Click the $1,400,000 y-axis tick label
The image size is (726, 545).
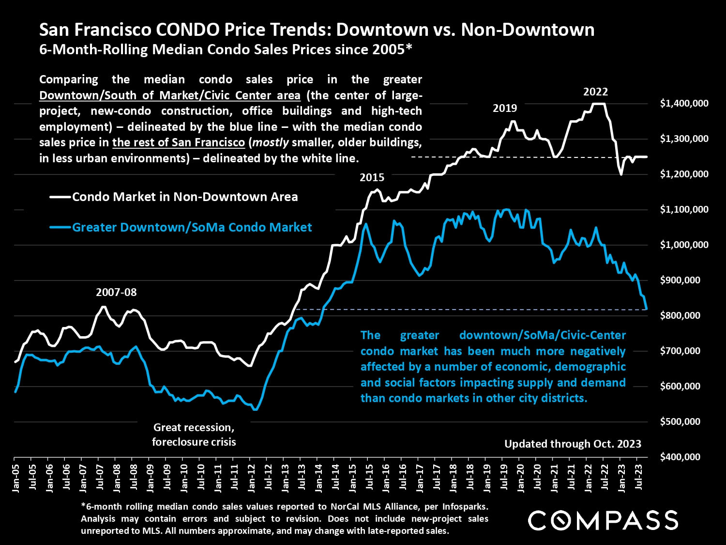pos(684,103)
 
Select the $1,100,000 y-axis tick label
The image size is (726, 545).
pos(684,209)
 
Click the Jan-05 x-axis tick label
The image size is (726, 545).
pos(16,479)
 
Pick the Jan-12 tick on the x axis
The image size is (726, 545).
pos(252,479)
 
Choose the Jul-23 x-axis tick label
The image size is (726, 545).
pos(639,478)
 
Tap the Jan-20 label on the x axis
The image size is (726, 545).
pos(521,479)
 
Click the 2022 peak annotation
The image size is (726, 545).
pos(595,92)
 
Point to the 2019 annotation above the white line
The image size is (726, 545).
pos(505,108)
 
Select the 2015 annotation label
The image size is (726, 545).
pos(372,177)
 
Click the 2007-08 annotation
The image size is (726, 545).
pos(116,292)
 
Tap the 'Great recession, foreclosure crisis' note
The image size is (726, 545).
pos(194,435)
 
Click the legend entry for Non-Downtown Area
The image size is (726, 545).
pos(184,197)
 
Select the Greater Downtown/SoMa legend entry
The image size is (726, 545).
pos(192,227)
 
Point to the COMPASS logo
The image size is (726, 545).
pos(603,520)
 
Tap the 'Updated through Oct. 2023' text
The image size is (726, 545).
pos(573,444)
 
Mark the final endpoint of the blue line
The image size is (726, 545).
pos(647,309)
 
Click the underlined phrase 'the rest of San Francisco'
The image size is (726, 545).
pos(179,143)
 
